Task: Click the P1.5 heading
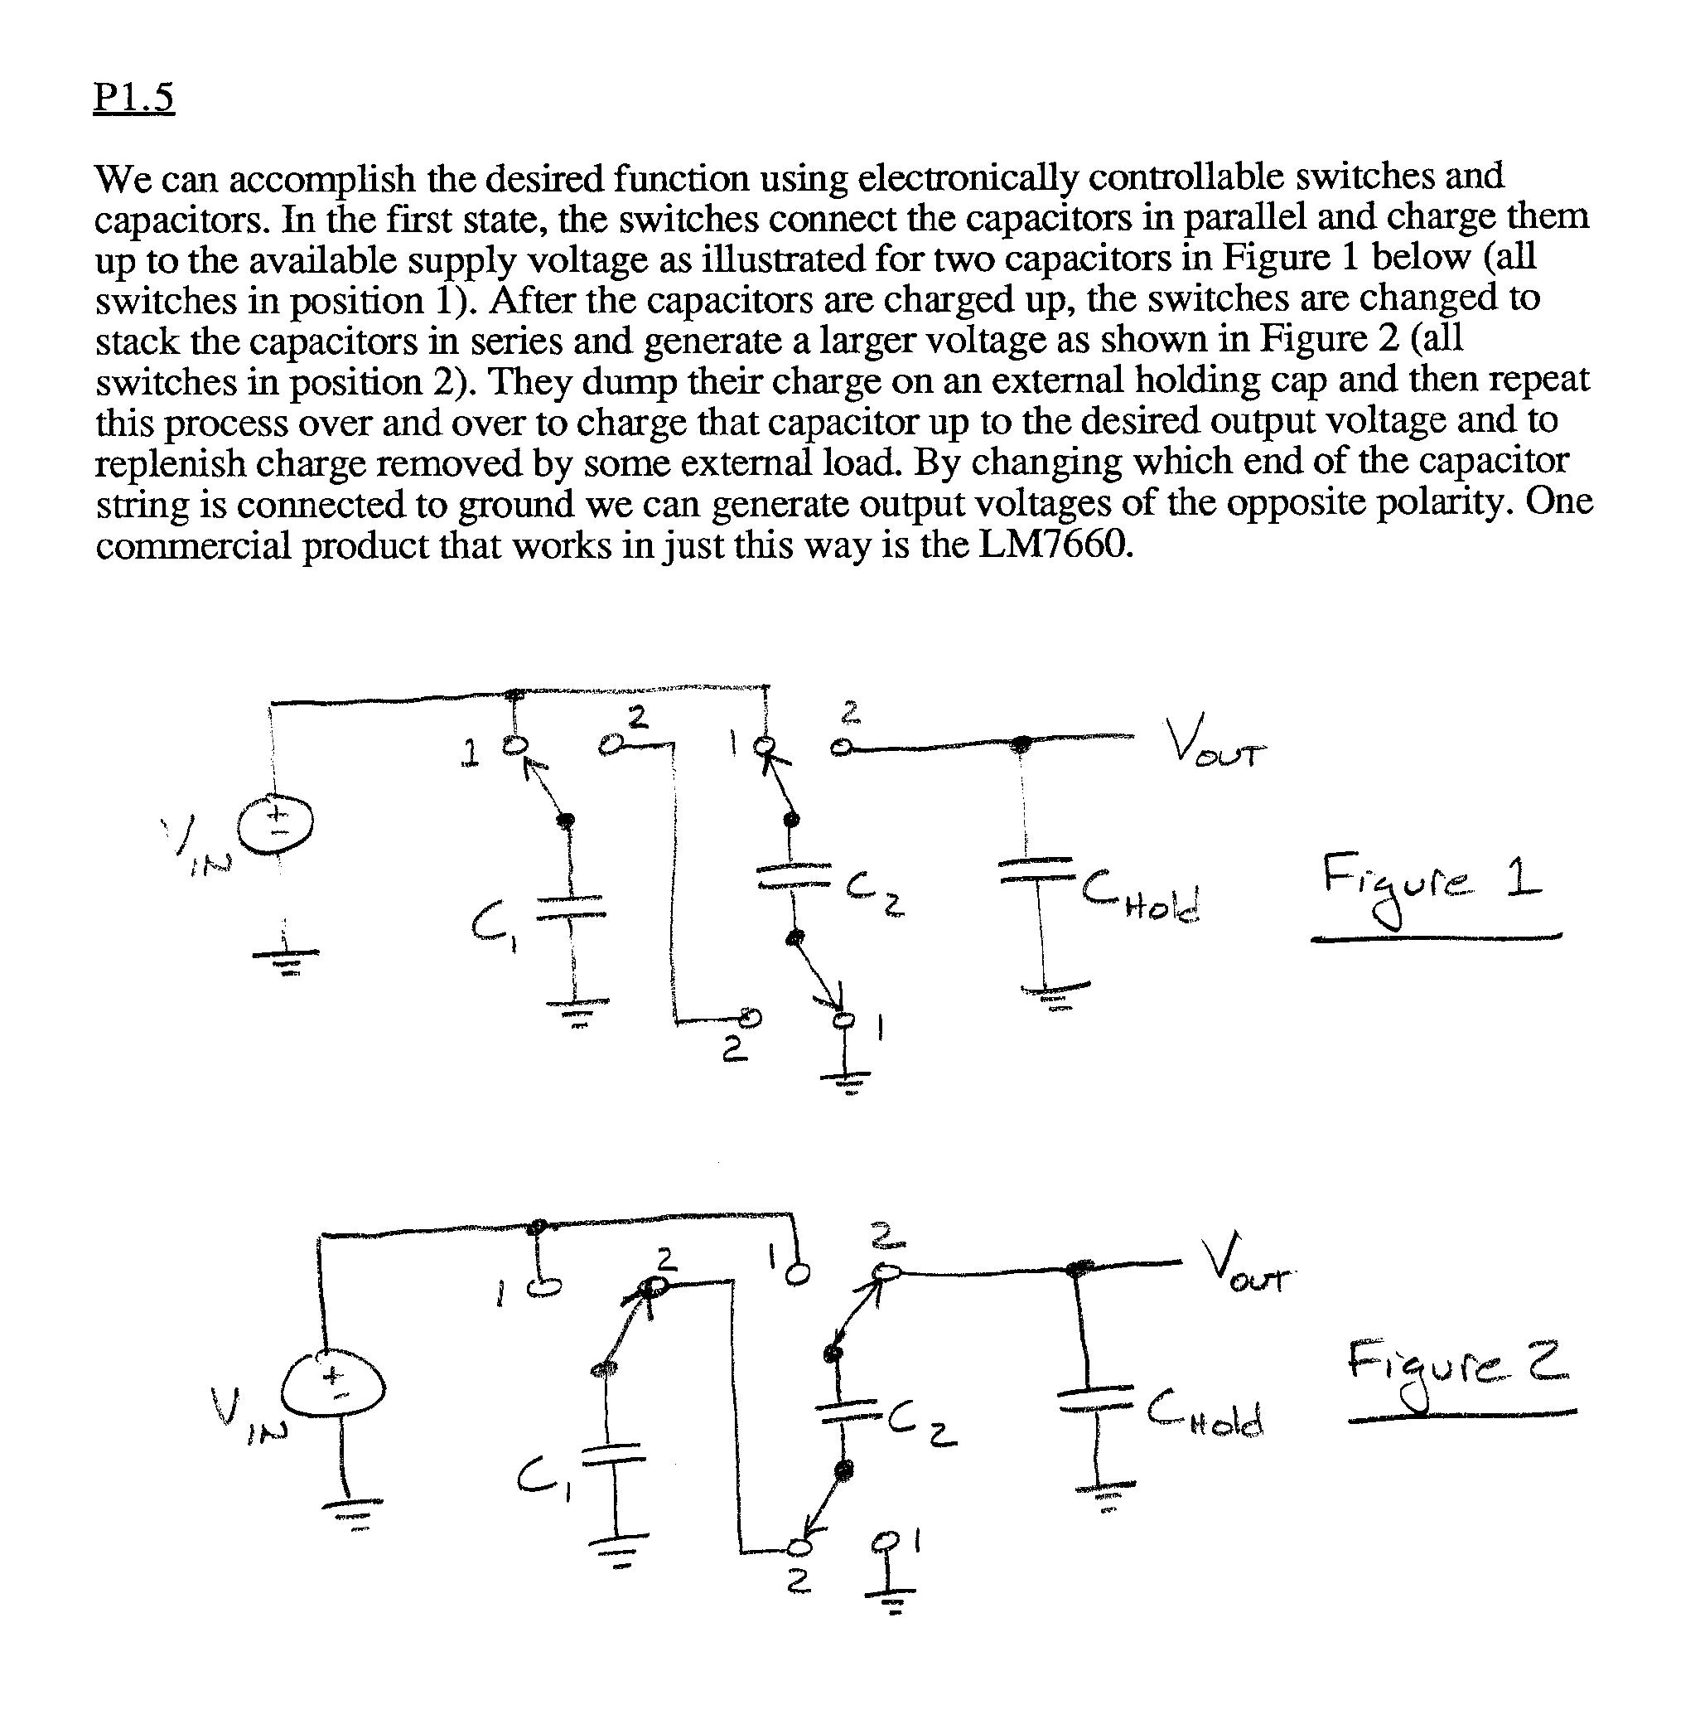(134, 97)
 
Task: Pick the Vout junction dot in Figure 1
(1023, 741)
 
